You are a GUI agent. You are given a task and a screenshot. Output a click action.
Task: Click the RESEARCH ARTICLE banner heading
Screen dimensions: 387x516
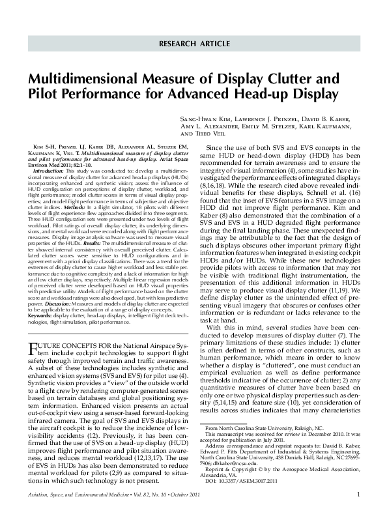(x=193, y=44)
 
